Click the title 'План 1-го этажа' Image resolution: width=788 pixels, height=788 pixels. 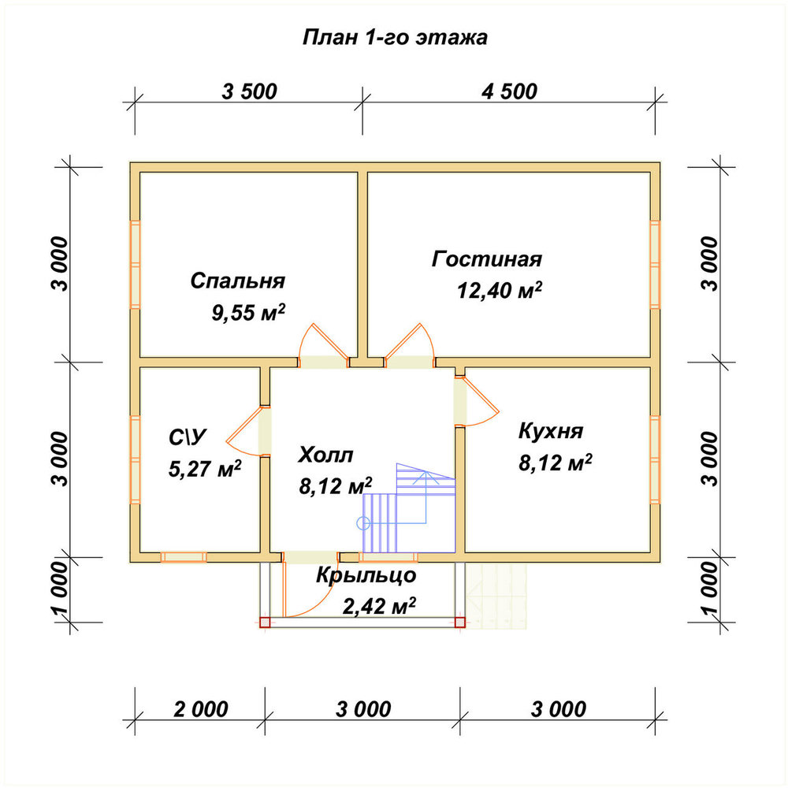click(x=395, y=38)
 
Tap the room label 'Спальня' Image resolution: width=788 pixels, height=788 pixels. click(x=238, y=281)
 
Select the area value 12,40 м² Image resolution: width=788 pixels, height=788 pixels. click(x=500, y=290)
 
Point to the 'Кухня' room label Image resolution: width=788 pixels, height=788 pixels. click(x=551, y=431)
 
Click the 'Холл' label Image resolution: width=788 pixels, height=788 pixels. click(x=325, y=455)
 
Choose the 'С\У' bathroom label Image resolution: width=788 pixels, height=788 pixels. click(x=188, y=437)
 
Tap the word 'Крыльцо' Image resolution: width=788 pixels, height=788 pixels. click(x=366, y=575)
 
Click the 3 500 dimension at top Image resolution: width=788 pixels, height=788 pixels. click(x=249, y=91)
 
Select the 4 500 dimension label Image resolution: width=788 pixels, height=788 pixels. click(x=509, y=91)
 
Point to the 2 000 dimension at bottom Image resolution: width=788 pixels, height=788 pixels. click(x=200, y=709)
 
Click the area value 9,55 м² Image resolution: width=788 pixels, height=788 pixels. click(x=248, y=312)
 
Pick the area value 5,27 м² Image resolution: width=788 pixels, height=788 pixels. click(x=205, y=468)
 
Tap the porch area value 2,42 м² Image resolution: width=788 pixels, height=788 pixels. click(x=379, y=606)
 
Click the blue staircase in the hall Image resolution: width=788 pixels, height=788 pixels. click(x=408, y=507)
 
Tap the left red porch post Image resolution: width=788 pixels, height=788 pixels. click(x=265, y=623)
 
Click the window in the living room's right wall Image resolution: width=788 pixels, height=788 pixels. click(x=655, y=264)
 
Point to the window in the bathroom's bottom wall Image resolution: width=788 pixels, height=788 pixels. click(x=184, y=557)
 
